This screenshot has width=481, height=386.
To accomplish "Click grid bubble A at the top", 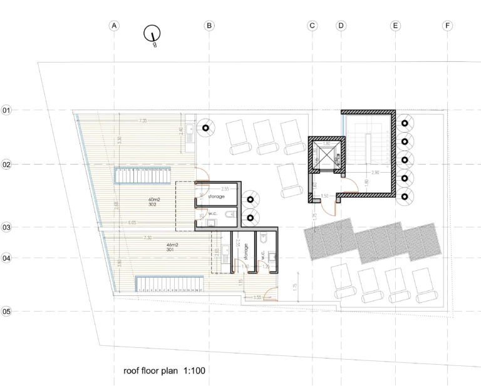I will tap(114, 26).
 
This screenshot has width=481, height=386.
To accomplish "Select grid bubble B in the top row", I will tap(209, 26).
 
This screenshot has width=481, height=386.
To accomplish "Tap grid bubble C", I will tap(313, 26).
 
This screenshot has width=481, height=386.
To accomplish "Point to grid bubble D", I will tap(341, 26).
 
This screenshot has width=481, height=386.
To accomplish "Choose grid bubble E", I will tap(395, 26).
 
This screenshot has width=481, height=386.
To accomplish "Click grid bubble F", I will tap(447, 26).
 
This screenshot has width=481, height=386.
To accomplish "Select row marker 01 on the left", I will tap(7, 110).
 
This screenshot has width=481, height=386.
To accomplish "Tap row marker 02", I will tap(7, 165).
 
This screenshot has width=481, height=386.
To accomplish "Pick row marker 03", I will tap(7, 227).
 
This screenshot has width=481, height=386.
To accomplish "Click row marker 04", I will tap(7, 257).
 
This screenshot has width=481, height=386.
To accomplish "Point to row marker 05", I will tap(7, 311).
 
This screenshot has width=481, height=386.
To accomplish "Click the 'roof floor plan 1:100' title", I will tap(165, 371).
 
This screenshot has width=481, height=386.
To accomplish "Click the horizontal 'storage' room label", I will tap(217, 196).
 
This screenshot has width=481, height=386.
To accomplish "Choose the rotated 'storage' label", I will tap(247, 252).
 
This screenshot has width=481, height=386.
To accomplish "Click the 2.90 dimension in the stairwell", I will tap(375, 172).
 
